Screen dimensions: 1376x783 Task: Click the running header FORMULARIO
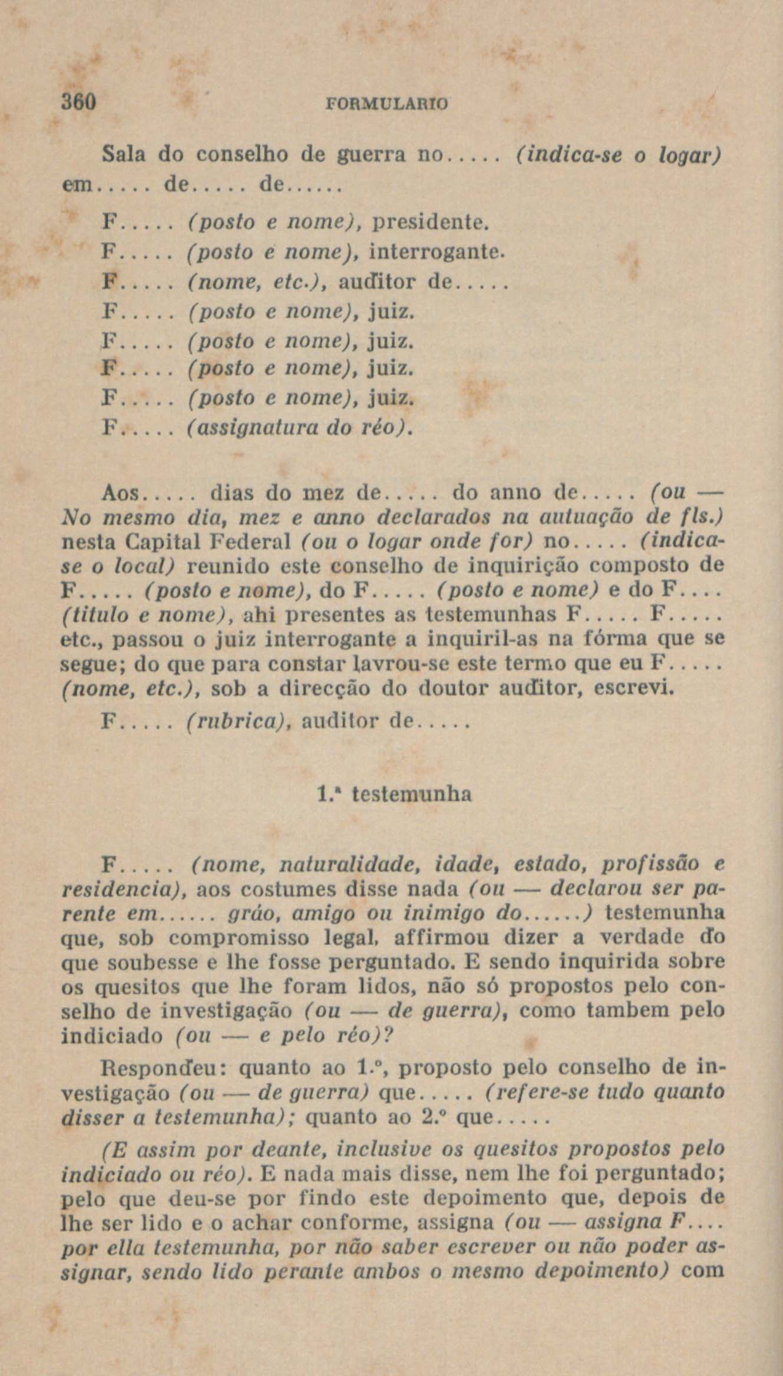point(386,104)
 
